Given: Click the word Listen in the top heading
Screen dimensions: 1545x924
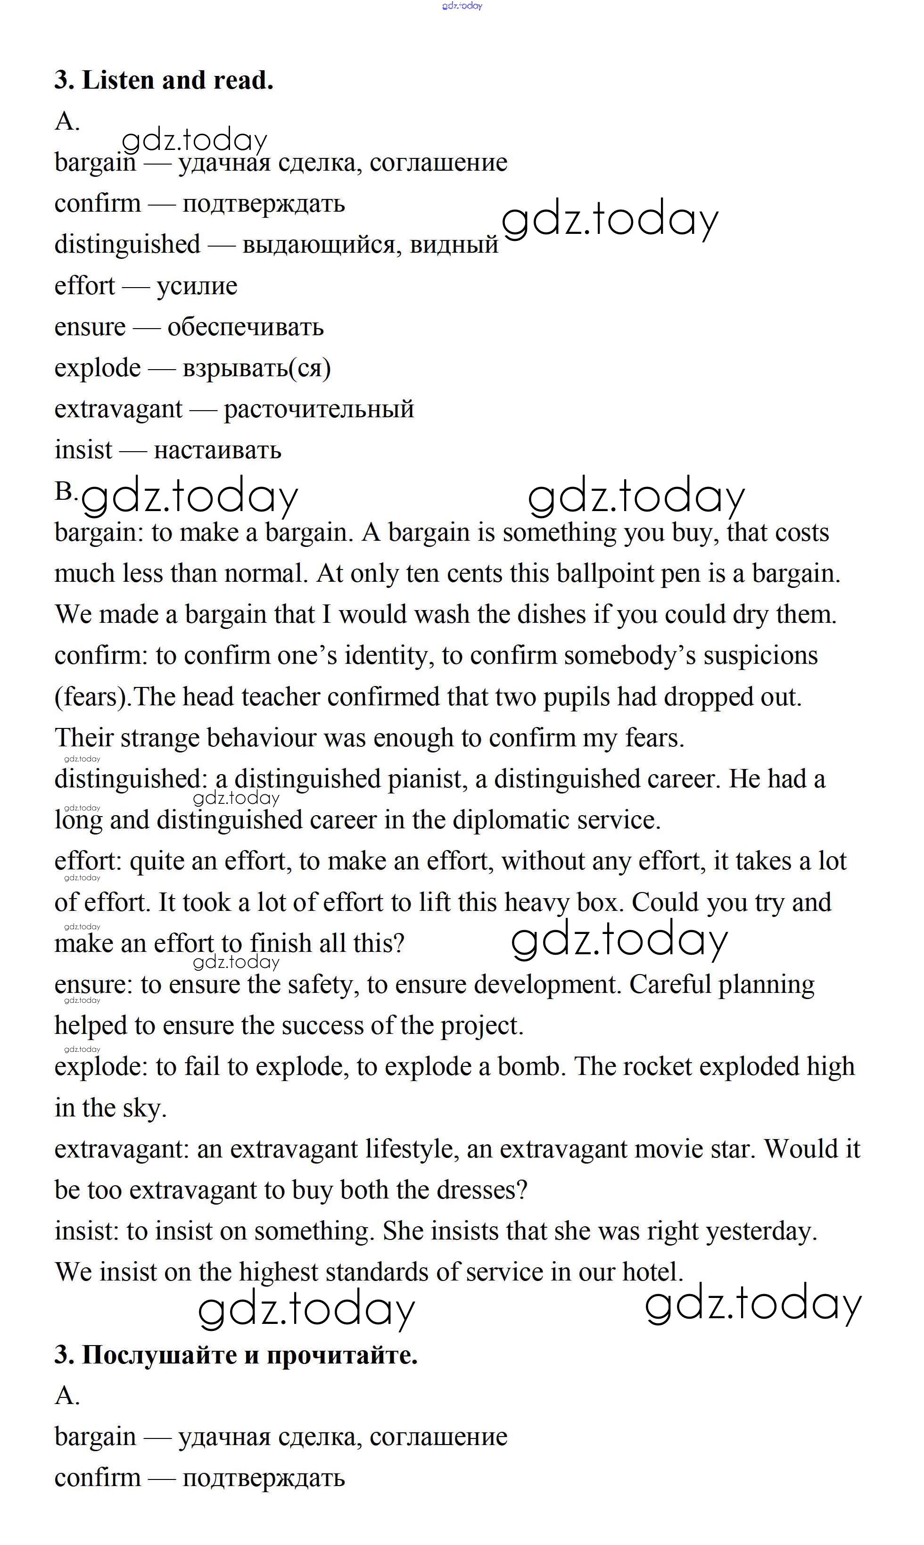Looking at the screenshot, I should [118, 80].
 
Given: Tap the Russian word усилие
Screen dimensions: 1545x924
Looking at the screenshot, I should [197, 286].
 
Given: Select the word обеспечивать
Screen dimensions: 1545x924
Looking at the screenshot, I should [245, 327].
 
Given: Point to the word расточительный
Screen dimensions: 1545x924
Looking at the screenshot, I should [319, 409].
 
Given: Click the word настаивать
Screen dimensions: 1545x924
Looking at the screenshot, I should [217, 450].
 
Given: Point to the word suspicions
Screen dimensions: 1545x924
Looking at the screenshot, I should [760, 656].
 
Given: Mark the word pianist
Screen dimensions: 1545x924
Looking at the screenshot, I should [427, 779].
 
